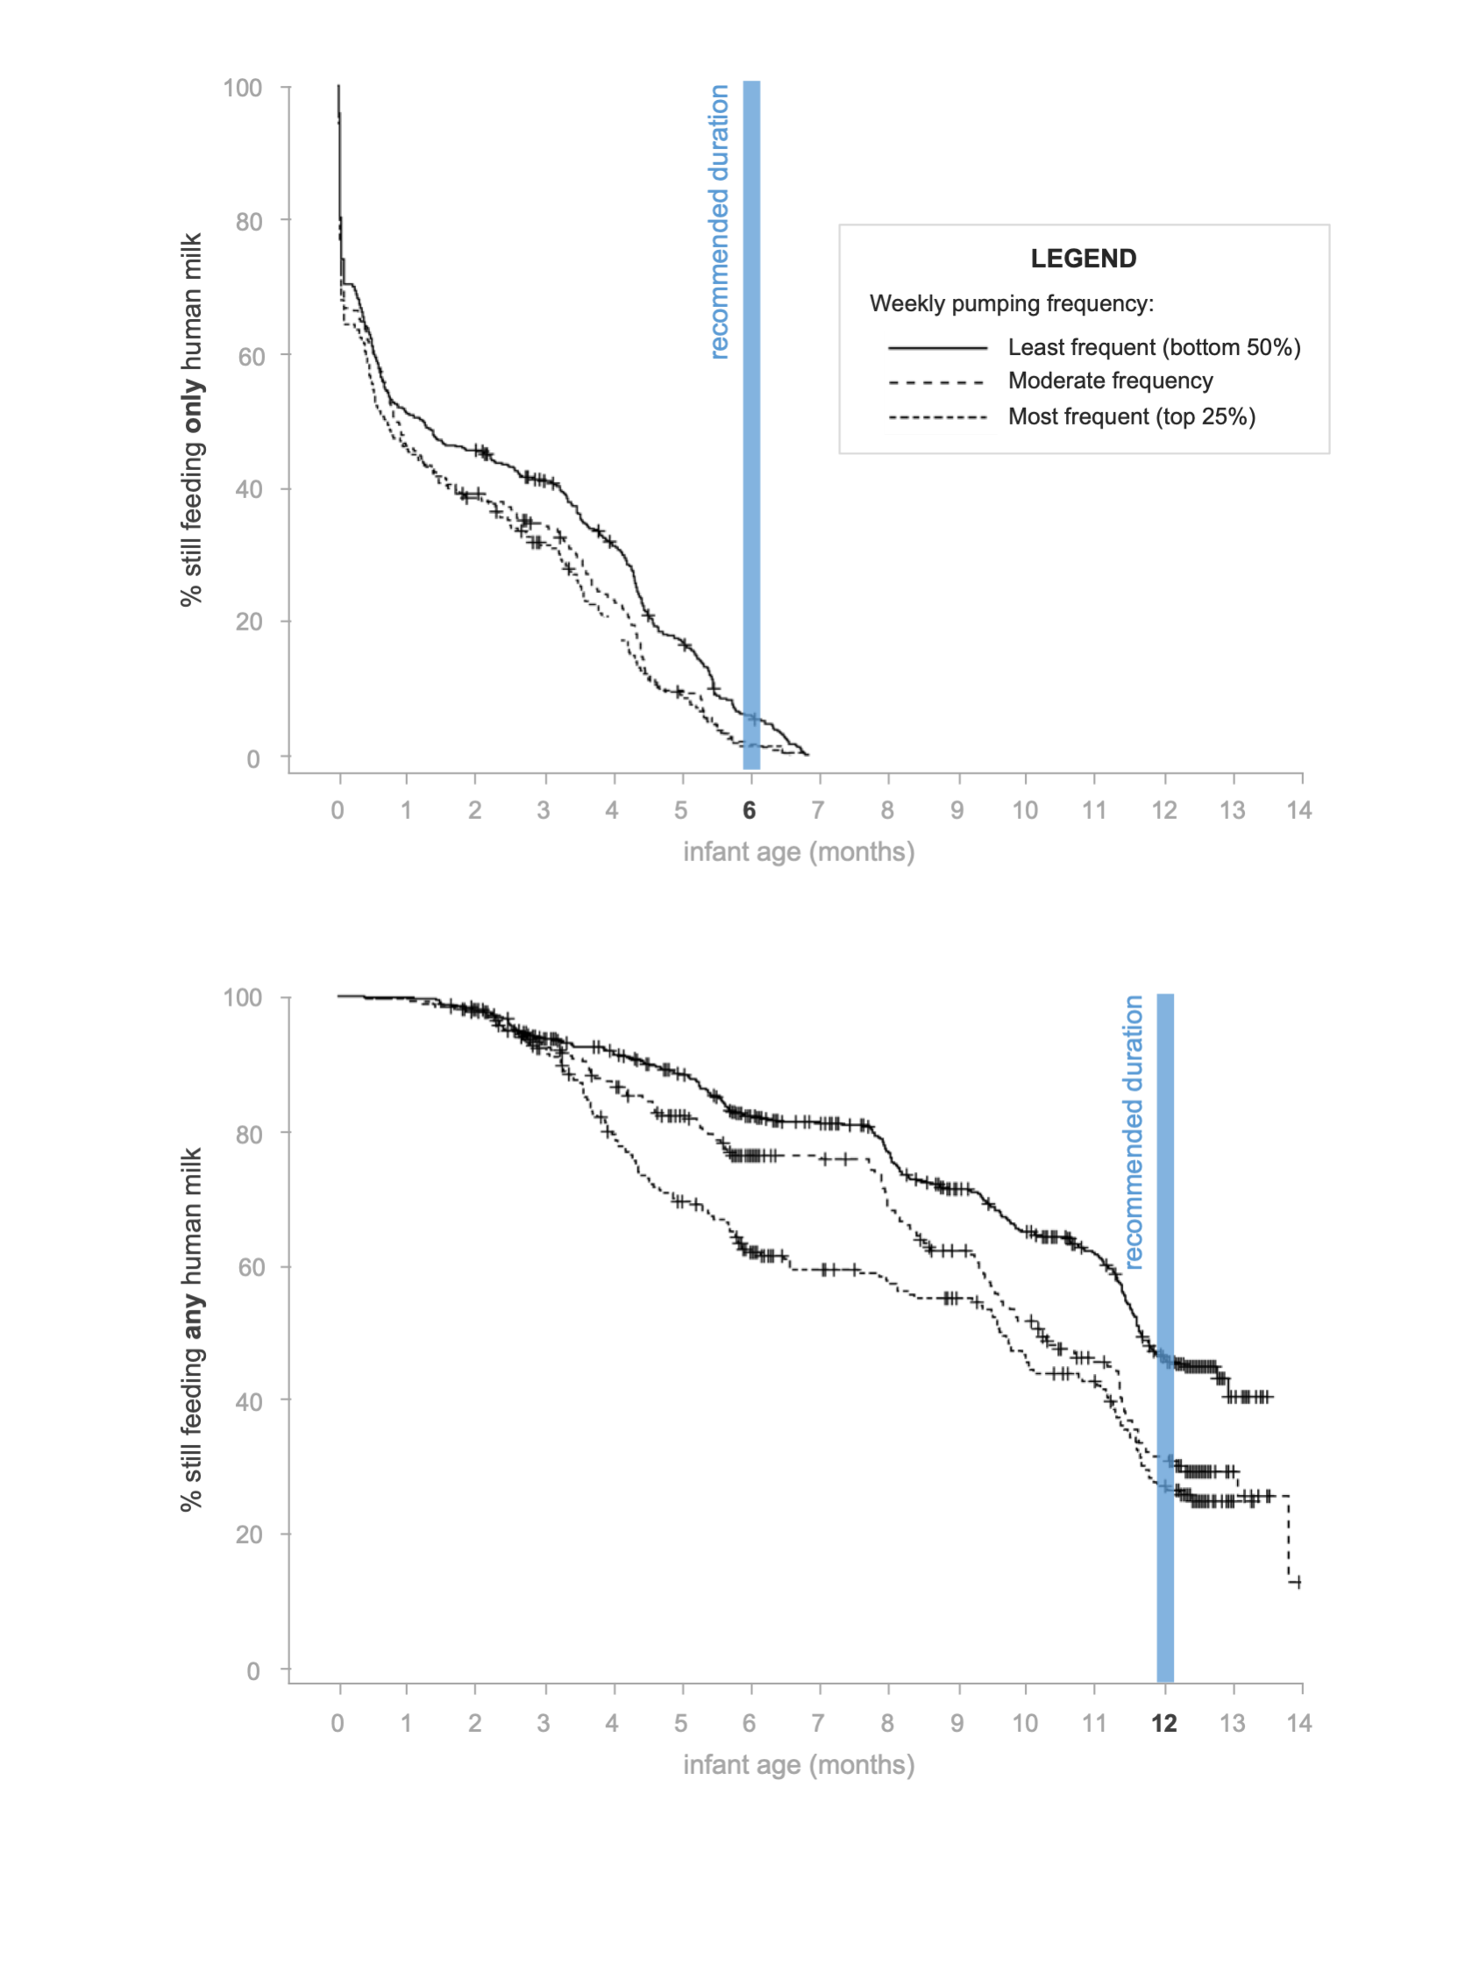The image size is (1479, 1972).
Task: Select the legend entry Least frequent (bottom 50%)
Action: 1154,347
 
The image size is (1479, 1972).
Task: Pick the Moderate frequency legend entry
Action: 1109,381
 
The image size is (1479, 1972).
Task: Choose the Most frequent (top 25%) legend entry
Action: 1130,416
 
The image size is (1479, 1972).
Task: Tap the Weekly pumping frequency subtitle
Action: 1011,303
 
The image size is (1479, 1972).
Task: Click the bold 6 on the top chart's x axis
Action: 749,809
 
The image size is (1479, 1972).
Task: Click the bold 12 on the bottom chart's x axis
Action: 1163,1722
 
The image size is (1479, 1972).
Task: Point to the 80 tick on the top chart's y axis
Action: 249,221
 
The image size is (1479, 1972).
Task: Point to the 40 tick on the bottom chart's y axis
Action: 249,1401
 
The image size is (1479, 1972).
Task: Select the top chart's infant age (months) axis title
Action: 798,851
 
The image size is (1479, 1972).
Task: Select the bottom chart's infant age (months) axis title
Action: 798,1764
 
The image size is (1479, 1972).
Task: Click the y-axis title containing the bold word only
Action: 191,419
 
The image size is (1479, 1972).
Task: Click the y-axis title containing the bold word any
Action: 191,1328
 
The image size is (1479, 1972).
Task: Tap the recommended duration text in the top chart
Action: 719,221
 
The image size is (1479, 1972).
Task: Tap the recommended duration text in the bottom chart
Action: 1132,1132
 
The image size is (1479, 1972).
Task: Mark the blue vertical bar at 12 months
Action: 1164,1337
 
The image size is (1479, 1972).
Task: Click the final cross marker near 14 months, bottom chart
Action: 1298,1583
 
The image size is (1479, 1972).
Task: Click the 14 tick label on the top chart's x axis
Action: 1298,809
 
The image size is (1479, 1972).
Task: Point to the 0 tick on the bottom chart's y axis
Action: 253,1670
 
